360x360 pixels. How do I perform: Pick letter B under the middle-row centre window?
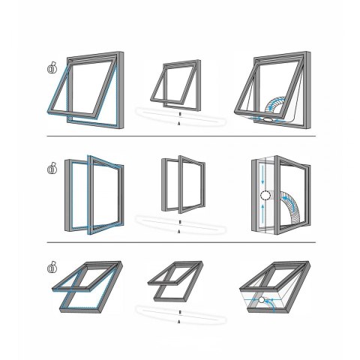179,223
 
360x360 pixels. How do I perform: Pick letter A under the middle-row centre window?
179,233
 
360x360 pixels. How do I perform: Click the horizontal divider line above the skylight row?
180,242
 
